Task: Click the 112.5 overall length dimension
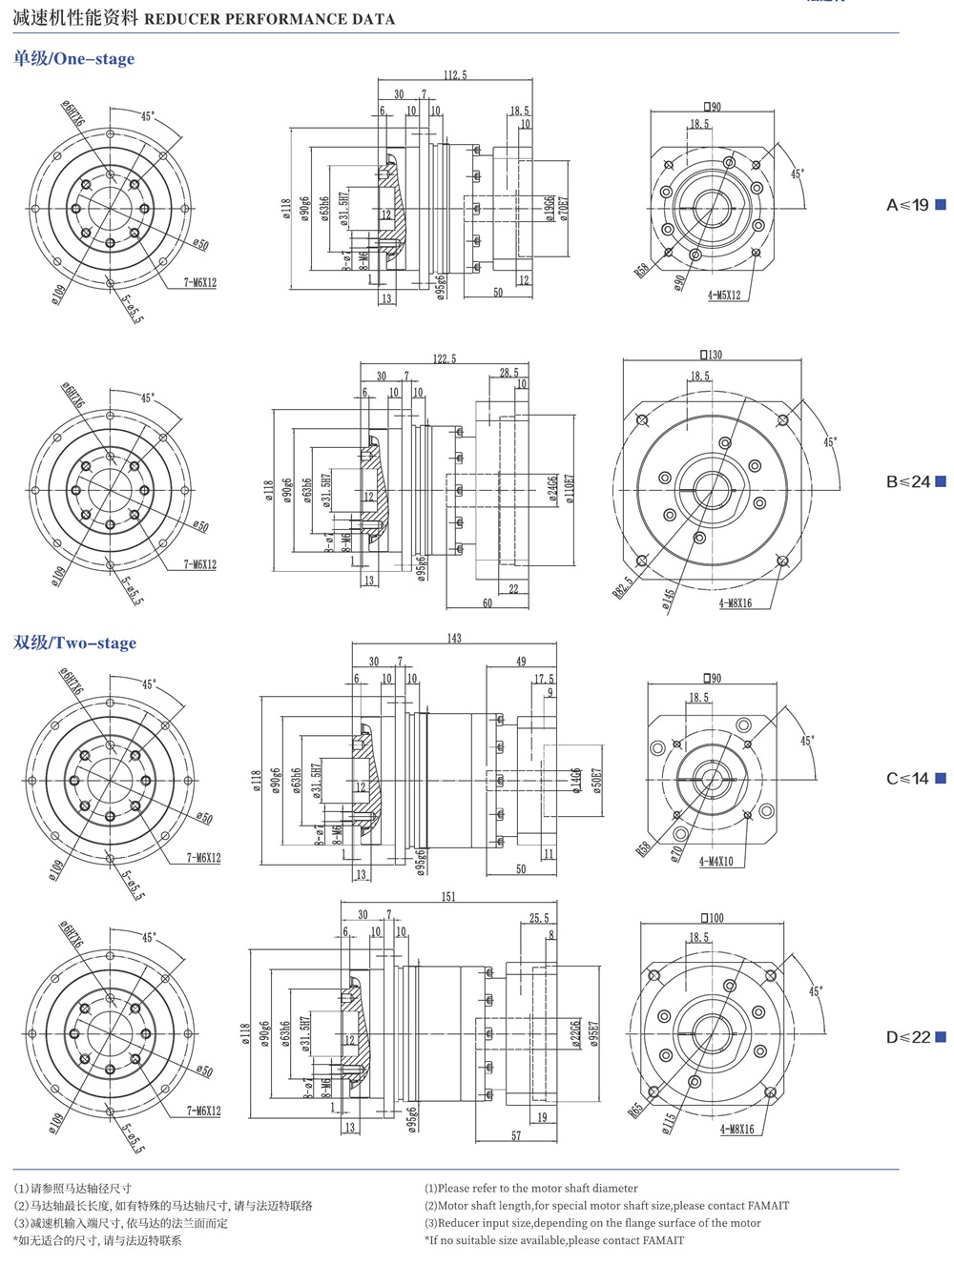[455, 75]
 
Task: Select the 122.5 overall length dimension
[445, 358]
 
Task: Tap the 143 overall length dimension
[454, 638]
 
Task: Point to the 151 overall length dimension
[449, 896]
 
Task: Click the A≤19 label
[907, 205]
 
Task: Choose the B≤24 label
[908, 481]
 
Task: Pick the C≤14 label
[907, 778]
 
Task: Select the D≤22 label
[908, 1037]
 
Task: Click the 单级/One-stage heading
[73, 59]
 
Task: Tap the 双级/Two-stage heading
[74, 642]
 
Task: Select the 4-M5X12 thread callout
[724, 296]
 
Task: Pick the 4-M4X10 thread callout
[715, 861]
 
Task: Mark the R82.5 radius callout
[622, 586]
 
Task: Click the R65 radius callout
[636, 1111]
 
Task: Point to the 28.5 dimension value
[509, 373]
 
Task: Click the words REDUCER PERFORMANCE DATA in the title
[269, 18]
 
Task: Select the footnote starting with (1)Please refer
[531, 1189]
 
